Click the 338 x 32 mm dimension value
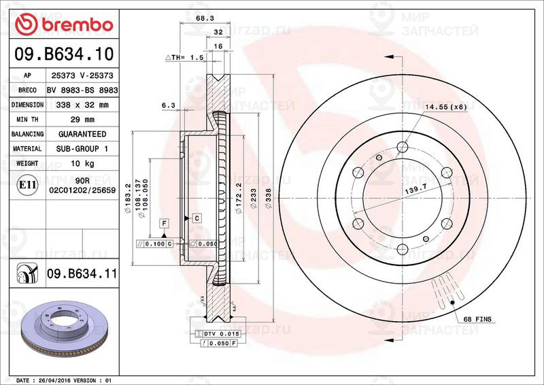pos(82,105)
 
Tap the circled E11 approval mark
pos(27,184)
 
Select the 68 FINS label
pos(477,319)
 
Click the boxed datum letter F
pos(164,222)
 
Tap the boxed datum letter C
pos(196,218)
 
